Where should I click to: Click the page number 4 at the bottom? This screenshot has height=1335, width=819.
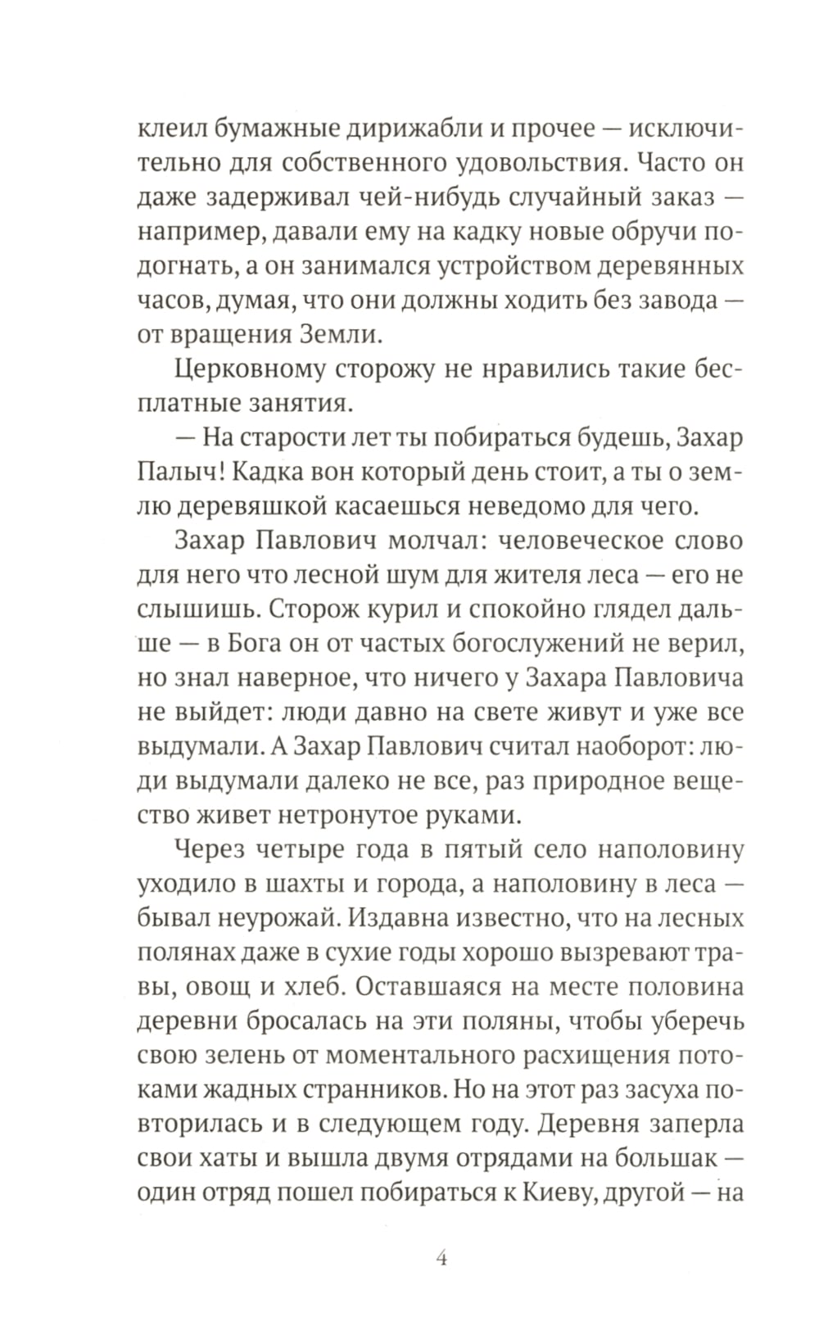(441, 1258)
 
